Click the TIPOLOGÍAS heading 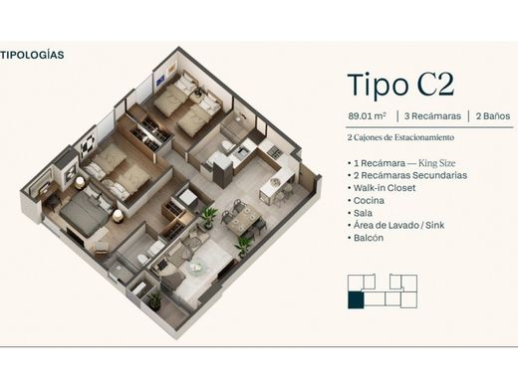tap(33, 55)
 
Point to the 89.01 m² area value tap(367, 116)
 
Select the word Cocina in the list tap(370, 200)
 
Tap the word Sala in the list tap(364, 213)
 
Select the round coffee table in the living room tap(195, 267)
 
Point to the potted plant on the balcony tap(154, 298)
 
